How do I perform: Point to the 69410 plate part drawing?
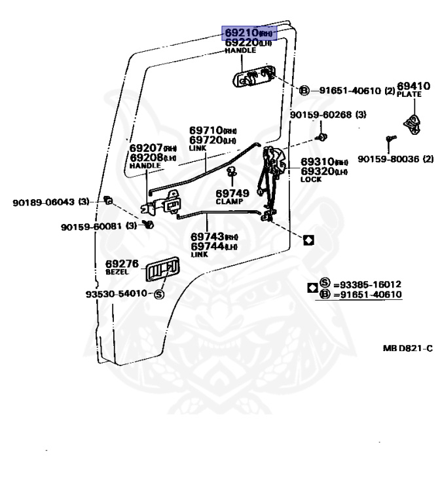pyautogui.click(x=412, y=123)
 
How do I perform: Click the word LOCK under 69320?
pyautogui.click(x=311, y=179)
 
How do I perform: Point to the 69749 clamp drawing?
pyautogui.click(x=231, y=174)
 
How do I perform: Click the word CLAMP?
pyautogui.click(x=229, y=202)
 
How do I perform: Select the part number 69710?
pyautogui.click(x=206, y=131)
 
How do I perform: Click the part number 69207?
pyautogui.click(x=145, y=148)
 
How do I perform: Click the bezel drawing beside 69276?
pyautogui.click(x=162, y=270)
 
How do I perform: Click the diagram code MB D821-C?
pyautogui.click(x=407, y=348)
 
